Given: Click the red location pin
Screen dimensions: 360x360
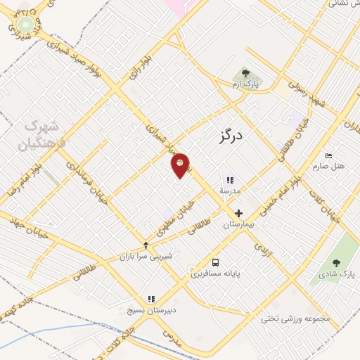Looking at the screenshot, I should [x=181, y=165].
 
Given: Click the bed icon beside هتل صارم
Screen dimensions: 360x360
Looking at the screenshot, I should [x=328, y=155].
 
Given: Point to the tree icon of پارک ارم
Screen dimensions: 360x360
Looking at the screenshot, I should [x=245, y=72].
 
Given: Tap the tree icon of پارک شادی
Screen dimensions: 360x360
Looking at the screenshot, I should [x=335, y=263].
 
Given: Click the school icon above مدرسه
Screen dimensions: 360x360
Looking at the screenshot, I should [x=230, y=180].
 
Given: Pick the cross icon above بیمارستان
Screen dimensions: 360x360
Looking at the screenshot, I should [x=238, y=213].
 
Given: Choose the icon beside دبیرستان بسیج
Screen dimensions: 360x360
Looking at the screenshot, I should [x=150, y=299].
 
